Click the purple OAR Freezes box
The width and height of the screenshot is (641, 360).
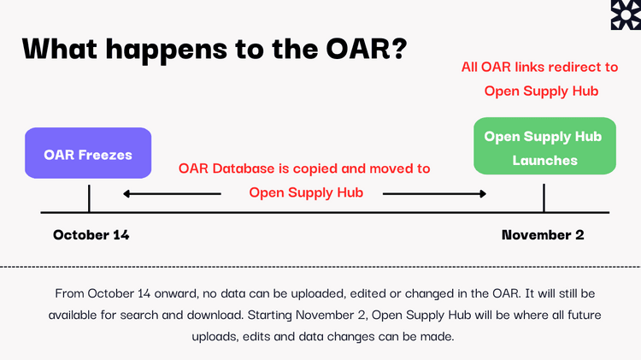pos(88,153)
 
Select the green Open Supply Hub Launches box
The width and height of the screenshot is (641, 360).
pos(544,146)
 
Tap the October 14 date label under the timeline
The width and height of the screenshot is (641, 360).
pos(91,235)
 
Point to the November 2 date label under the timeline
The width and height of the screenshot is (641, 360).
pos(543,235)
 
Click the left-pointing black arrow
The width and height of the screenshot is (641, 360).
pos(172,193)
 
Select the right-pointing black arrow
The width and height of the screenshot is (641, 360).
pos(434,193)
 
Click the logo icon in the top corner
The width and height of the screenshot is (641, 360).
pos(626,15)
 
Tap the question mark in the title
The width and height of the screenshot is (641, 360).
pos(399,48)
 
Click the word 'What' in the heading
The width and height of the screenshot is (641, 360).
pos(60,48)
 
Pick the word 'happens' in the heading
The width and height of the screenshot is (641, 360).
pos(167,50)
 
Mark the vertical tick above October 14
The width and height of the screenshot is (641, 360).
pos(89,198)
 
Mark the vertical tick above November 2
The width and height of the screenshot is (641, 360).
pos(544,198)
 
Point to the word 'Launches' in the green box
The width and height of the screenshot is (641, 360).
pos(545,161)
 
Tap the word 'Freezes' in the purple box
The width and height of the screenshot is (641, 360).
pos(105,155)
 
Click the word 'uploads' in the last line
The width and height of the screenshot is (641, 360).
pos(215,337)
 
